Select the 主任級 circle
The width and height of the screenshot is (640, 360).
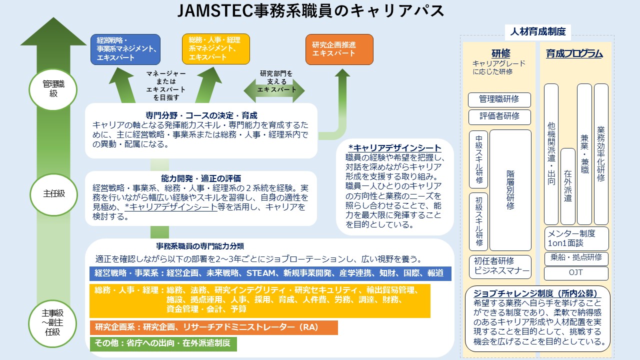(x=53, y=193)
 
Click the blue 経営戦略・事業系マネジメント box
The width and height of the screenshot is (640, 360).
(x=125, y=49)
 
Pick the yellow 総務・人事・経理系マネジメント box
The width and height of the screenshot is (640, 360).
(x=216, y=49)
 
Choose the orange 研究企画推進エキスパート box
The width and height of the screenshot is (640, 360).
(x=339, y=49)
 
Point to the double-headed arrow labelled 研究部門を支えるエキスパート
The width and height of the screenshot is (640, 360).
(x=274, y=89)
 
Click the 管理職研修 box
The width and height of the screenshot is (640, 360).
(x=499, y=99)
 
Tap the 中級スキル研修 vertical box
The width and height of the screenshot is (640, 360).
(x=478, y=159)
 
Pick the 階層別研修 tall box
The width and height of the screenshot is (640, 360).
(x=510, y=190)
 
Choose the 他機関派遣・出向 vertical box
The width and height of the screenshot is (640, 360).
(x=551, y=154)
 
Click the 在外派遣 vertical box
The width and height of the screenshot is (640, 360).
(x=568, y=186)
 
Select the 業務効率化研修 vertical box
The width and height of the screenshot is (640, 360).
(x=601, y=154)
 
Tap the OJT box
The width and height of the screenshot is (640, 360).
(x=576, y=273)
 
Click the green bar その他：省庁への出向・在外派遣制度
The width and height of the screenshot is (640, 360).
(x=163, y=343)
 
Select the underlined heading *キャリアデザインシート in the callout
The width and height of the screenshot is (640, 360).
(x=395, y=148)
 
